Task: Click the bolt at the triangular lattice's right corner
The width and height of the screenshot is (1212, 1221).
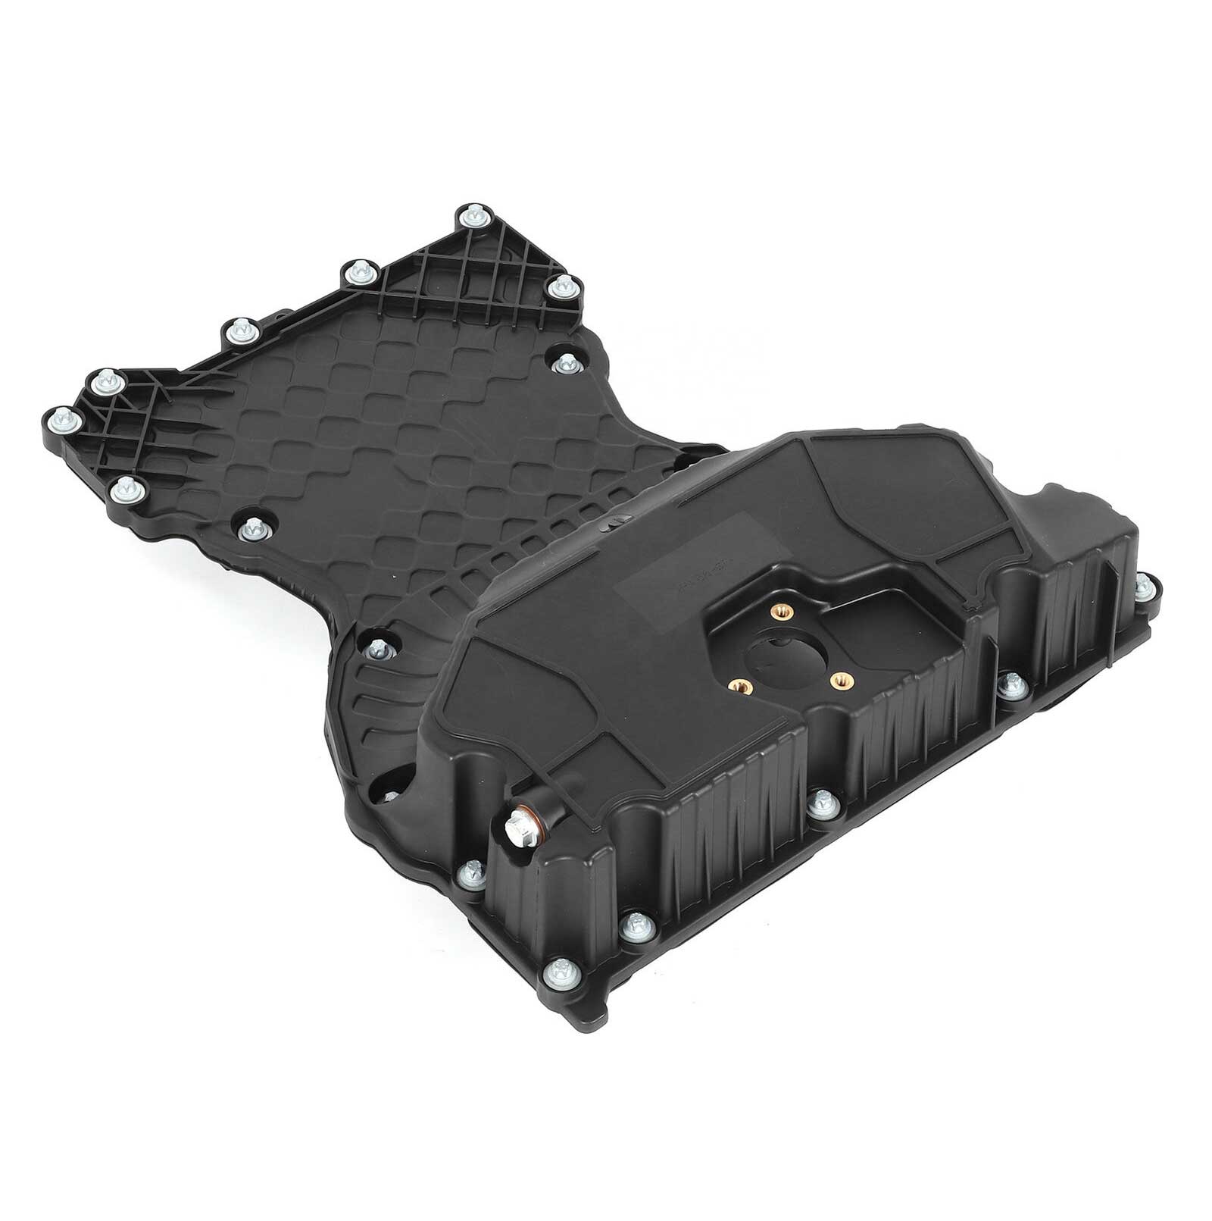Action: click(x=561, y=286)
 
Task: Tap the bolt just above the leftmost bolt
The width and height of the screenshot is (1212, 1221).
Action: click(x=101, y=381)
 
